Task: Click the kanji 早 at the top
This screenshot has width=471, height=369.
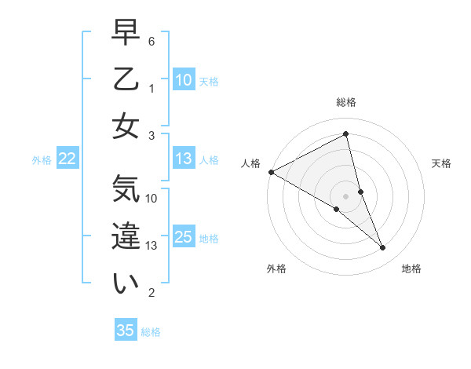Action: click(126, 34)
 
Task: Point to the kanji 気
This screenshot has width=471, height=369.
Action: click(126, 191)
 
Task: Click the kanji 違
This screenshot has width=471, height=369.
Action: click(126, 237)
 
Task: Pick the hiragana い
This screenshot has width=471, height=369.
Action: click(126, 283)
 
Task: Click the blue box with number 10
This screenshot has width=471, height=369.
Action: click(183, 80)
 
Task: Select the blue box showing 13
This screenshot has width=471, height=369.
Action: click(183, 159)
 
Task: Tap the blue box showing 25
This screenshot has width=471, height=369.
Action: click(183, 237)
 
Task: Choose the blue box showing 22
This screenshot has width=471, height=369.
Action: click(67, 159)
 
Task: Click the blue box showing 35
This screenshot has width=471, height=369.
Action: click(126, 331)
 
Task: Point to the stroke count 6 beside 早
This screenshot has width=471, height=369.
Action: click(152, 41)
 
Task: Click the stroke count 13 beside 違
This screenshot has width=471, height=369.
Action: click(152, 246)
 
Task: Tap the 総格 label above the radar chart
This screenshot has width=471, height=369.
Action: click(346, 102)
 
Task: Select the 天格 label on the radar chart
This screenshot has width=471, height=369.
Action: click(442, 163)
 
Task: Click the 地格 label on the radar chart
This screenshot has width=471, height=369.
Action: click(411, 269)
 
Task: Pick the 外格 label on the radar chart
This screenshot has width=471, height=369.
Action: click(276, 269)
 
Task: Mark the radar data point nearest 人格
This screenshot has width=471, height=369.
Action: click(271, 171)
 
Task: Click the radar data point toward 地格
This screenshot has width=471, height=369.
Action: click(383, 248)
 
